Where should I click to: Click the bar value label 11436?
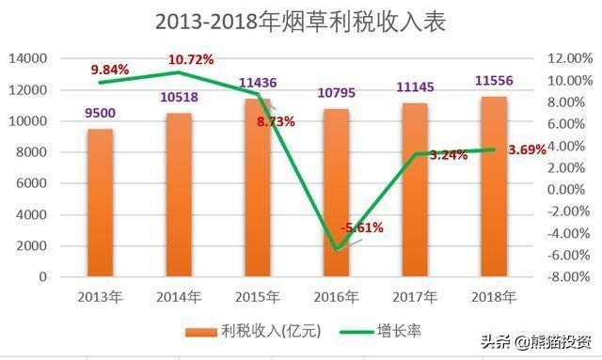pyautogui.click(x=257, y=83)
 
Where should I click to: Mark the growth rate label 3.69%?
pyautogui.click(x=526, y=149)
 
